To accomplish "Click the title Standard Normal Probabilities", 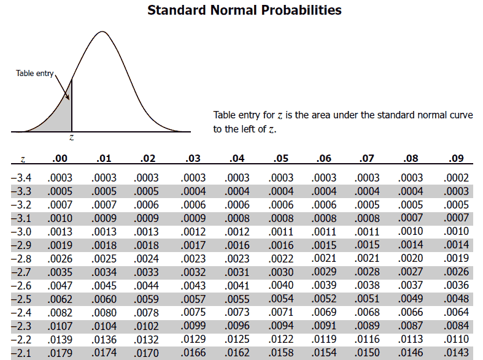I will point(244,10).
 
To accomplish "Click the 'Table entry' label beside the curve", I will point(35,74).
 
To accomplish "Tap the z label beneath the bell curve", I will point(72,139).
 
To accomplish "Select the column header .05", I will point(280,158).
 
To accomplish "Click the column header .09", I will point(456,158).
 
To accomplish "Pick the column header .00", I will point(60,158).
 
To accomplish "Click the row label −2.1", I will point(21,353).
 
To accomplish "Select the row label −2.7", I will point(21,272).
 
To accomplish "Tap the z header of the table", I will point(22,159).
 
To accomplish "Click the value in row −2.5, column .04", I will point(238,299).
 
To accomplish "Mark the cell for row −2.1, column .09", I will point(456,353).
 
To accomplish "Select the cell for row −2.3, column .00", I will point(60,326).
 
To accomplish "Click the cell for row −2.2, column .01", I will point(104,339).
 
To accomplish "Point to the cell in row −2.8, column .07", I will point(368,259).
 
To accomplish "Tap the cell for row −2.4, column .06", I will point(325,312).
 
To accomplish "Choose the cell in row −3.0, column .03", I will point(193,232).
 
